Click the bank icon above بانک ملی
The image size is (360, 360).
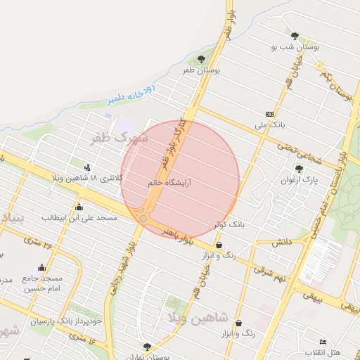tap(270, 114)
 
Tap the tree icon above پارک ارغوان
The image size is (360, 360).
tap(299, 169)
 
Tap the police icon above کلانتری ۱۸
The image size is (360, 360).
tap(87, 167)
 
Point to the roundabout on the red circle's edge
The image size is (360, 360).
tap(143, 219)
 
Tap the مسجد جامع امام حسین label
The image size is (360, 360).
tap(44, 283)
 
